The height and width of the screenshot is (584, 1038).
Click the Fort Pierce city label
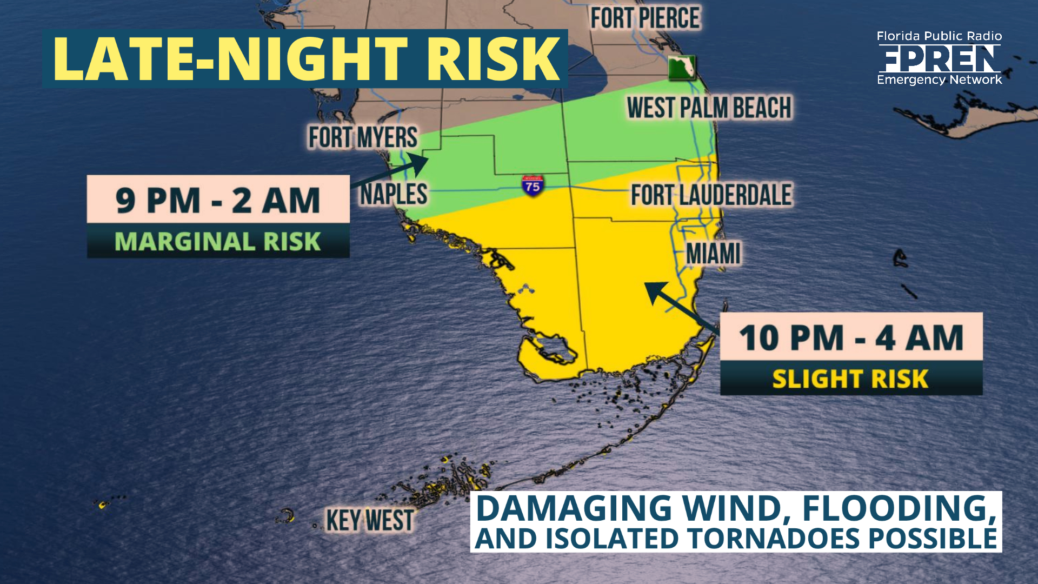(645, 18)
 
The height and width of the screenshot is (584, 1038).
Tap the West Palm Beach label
(709, 108)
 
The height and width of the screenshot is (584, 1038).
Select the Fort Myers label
(363, 137)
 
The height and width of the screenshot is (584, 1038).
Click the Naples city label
(394, 194)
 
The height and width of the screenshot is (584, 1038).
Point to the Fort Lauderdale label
(711, 195)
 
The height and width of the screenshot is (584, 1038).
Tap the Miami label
(713, 254)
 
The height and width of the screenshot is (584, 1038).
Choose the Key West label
(370, 521)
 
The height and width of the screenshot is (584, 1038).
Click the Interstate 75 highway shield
(532, 185)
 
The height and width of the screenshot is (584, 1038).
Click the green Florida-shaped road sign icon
(681, 68)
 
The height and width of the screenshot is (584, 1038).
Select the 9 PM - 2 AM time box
(218, 200)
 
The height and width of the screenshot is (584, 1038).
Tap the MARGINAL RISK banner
(218, 241)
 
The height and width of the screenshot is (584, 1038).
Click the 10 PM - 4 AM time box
(851, 337)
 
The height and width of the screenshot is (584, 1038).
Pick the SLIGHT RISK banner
(851, 379)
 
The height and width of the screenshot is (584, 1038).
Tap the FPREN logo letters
(939, 58)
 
